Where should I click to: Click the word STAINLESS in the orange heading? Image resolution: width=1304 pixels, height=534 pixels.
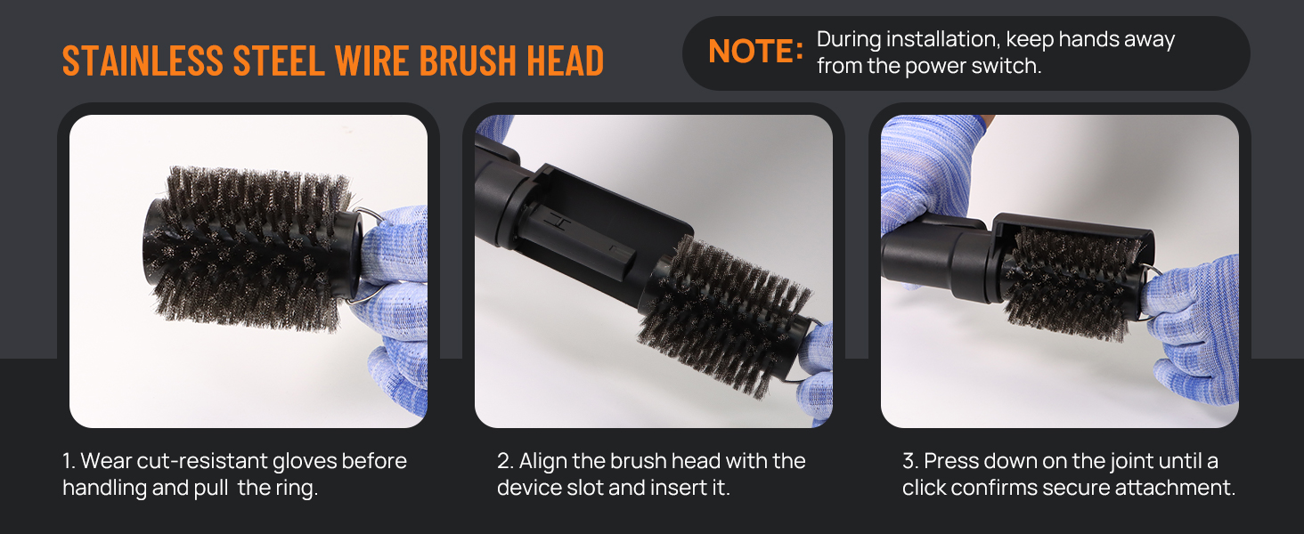143,61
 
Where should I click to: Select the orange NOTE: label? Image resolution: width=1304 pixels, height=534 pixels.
755,52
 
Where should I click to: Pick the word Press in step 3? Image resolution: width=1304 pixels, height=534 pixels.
950,461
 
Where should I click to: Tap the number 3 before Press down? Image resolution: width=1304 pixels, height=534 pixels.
909,461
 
